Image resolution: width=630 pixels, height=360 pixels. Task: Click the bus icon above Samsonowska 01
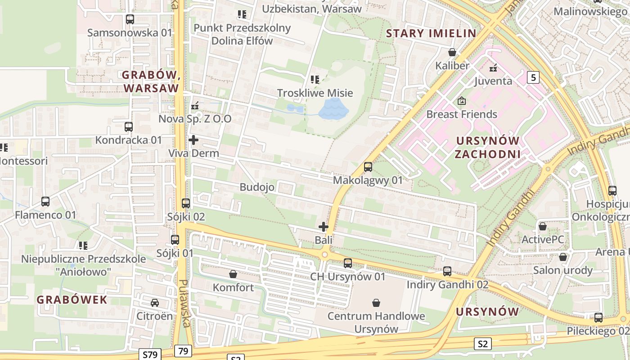coord(130,19)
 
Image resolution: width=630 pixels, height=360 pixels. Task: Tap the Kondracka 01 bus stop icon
coord(129,127)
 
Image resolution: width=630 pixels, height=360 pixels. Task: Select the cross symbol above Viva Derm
coord(193,140)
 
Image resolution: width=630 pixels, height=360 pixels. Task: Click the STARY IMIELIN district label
coord(431,33)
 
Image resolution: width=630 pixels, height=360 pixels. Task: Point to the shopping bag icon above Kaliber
coord(452,53)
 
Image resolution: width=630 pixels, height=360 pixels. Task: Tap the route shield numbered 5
coord(533,77)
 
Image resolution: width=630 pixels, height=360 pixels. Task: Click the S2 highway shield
coord(482,344)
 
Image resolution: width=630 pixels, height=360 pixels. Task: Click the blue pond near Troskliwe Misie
coord(333,109)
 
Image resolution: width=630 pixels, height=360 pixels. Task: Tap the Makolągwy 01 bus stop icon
coord(368,167)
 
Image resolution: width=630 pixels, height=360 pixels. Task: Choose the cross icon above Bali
coord(324,227)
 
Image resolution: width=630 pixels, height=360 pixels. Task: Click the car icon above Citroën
coord(155,303)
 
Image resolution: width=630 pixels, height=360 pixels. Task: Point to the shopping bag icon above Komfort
coord(233,274)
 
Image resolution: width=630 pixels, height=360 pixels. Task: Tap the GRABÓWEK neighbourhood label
coord(72,300)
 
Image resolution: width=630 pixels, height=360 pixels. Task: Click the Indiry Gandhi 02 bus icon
coord(447,271)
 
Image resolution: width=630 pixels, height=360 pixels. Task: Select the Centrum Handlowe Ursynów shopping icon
coord(376,303)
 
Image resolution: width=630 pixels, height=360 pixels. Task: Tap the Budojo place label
coord(257,187)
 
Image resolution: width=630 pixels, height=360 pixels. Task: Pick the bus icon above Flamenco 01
coord(45,202)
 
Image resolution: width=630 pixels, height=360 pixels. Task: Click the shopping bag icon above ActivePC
coord(543,226)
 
